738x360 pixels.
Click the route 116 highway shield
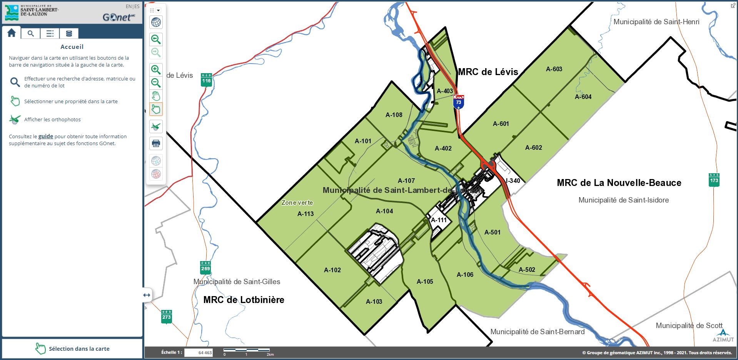click(x=206, y=79)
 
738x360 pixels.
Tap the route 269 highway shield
click(x=205, y=268)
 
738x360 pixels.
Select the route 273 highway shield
click(x=166, y=316)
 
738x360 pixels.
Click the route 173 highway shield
click(x=714, y=180)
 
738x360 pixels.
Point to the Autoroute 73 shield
click(x=458, y=102)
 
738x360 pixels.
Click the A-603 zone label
click(x=554, y=69)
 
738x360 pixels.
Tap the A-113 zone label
click(x=306, y=214)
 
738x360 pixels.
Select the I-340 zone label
click(x=513, y=181)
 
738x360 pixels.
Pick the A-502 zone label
click(x=527, y=270)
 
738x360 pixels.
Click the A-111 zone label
click(x=439, y=220)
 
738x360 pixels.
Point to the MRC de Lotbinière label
click(x=244, y=300)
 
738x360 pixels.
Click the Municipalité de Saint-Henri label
click(x=656, y=22)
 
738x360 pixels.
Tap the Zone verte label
click(x=297, y=203)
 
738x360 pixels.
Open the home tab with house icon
click(x=12, y=33)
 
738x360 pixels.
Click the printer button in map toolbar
click(x=156, y=144)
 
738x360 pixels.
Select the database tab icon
click(x=69, y=33)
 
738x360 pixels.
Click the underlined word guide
click(x=45, y=136)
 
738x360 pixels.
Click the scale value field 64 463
click(x=199, y=352)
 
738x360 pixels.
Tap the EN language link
click(x=129, y=7)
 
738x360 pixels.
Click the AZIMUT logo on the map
click(x=723, y=335)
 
